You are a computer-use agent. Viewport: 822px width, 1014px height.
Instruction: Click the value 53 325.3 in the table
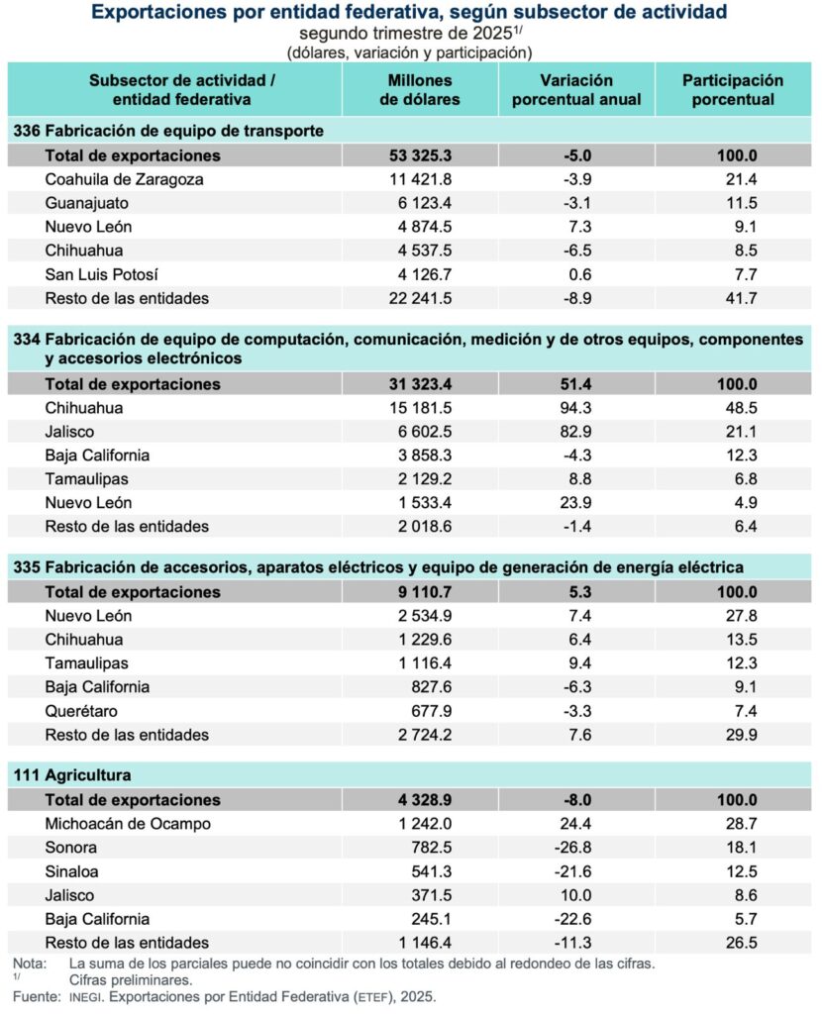pos(420,155)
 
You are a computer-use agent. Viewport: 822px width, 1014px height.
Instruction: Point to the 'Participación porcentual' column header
pos(732,89)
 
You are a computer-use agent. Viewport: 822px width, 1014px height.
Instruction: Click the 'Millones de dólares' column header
pos(420,89)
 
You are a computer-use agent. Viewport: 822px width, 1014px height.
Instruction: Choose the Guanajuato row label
pos(87,203)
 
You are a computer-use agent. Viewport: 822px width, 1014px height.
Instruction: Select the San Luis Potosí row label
pos(102,274)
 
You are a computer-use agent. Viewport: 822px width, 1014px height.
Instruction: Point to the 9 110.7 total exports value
pos(424,592)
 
